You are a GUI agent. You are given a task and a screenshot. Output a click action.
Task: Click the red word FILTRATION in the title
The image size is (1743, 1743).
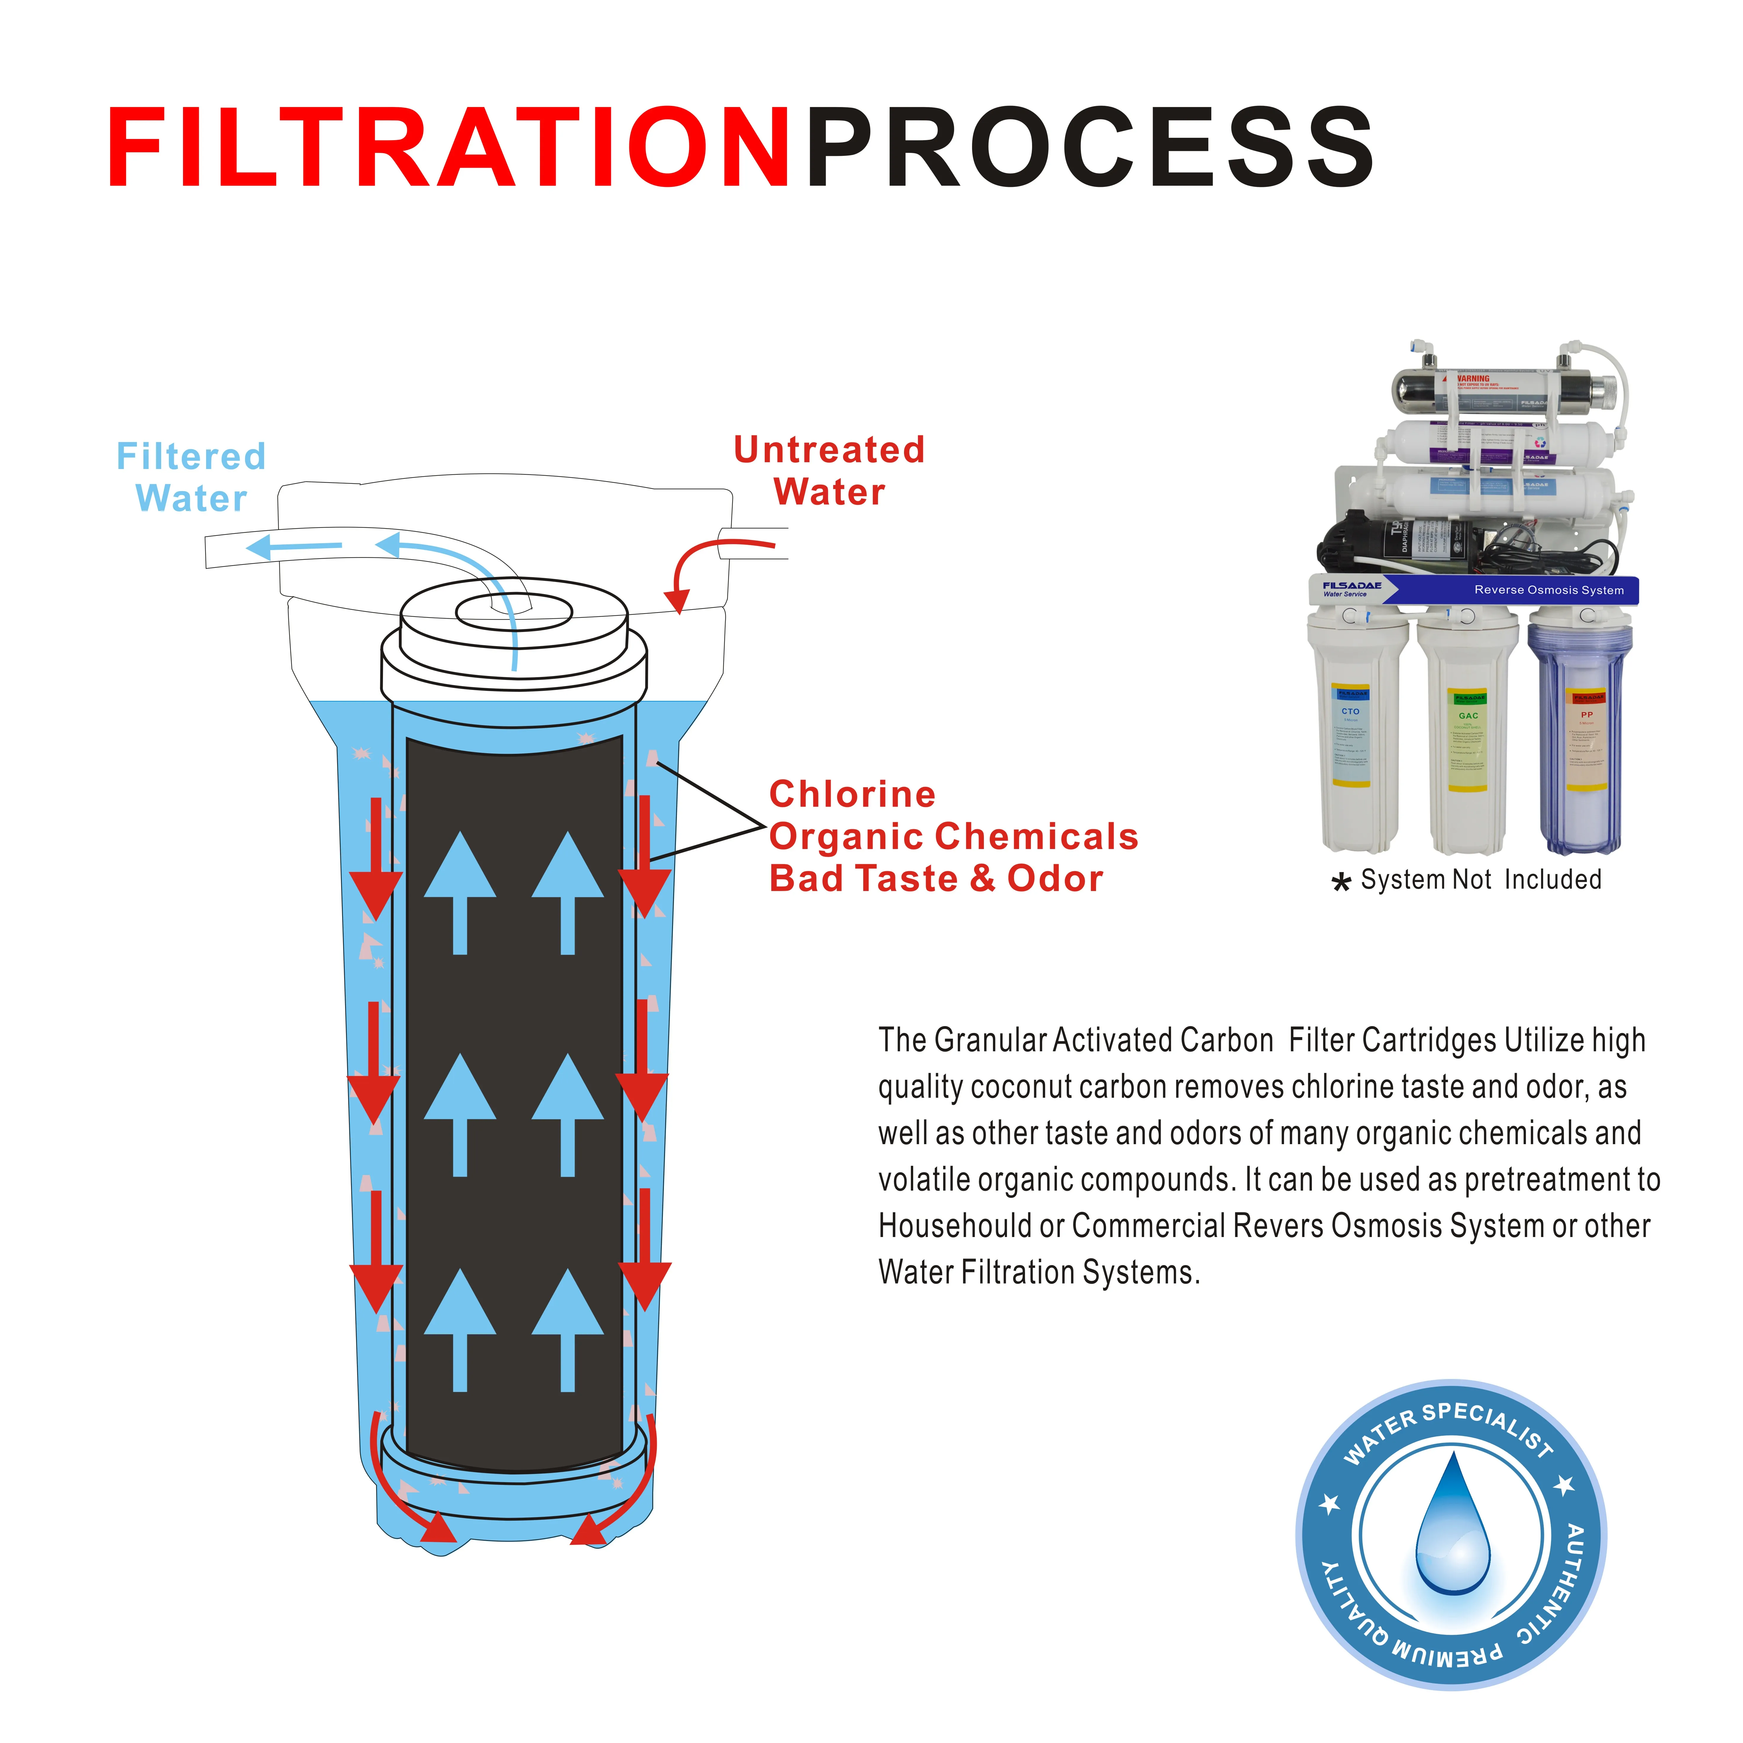click(x=448, y=149)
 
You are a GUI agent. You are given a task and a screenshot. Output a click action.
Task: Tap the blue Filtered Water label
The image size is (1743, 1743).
click(x=191, y=477)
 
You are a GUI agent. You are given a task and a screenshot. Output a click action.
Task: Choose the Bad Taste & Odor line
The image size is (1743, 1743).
click(x=936, y=879)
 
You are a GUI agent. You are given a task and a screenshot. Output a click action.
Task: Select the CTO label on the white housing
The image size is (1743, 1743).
click(x=1350, y=712)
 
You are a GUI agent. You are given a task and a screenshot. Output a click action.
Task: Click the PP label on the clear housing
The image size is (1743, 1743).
click(x=1587, y=714)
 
